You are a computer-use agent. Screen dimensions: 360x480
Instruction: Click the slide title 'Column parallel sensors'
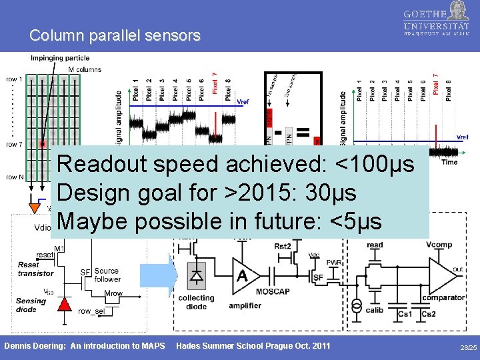tap(115, 35)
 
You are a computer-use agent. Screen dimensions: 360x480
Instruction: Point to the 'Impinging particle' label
tap(60, 59)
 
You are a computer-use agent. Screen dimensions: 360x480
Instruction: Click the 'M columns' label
tap(85, 69)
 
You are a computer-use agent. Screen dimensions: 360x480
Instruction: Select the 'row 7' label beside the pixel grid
tap(15, 144)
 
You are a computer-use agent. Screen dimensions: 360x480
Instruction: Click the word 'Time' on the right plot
tap(449, 162)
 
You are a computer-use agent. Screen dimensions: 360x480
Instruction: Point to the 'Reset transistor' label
tap(35, 269)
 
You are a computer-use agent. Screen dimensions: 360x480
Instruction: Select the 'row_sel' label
tap(92, 311)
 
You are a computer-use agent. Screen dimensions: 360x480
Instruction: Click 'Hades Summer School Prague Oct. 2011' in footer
tap(253, 345)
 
